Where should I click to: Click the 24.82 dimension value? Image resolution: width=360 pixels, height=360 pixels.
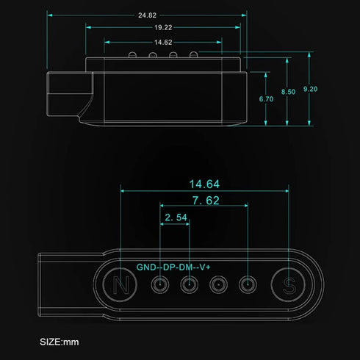coord(147,15)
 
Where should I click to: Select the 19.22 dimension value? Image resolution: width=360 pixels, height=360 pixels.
coord(163,27)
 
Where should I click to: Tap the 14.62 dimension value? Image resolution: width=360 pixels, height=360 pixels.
coord(163,43)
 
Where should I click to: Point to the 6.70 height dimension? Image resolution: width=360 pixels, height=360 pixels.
coord(266,99)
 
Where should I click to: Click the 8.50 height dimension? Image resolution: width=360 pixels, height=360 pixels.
coord(288,92)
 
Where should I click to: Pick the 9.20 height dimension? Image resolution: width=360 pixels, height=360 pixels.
coord(310,89)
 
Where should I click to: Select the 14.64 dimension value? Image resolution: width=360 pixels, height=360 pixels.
coord(204,184)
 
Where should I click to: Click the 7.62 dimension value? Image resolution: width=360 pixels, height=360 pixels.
coord(206,201)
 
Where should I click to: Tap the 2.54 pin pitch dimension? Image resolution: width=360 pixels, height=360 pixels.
coord(176,217)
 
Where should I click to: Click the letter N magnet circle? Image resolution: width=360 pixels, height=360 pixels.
coord(120,284)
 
